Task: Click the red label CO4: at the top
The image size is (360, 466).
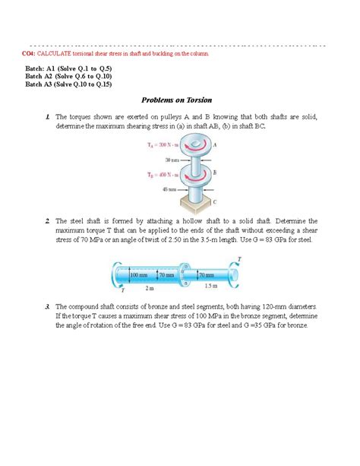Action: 30,55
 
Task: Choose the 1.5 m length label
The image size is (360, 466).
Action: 210,287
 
